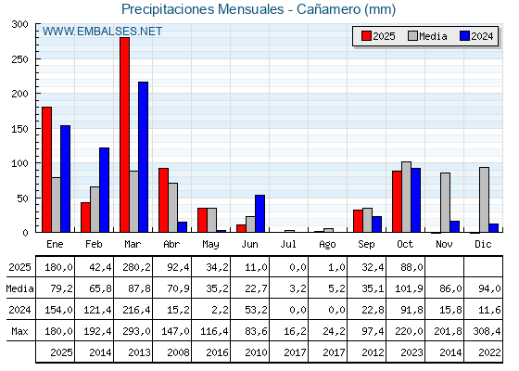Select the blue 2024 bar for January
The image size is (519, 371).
pos(65,179)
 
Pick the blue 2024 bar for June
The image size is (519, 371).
pos(259,213)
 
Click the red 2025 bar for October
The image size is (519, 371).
pos(397,201)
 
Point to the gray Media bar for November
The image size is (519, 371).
pos(445,202)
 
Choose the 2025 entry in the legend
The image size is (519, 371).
pos(378,36)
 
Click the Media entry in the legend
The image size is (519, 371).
pos(427,36)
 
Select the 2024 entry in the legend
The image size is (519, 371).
pos(475,36)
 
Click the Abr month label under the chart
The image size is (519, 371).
pos(172,243)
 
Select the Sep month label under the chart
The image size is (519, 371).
pos(367,243)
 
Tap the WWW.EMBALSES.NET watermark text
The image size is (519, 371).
pos(102,32)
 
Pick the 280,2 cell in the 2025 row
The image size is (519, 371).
pos(133,267)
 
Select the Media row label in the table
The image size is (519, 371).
pos(19,288)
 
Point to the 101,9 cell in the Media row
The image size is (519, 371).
pos(406,288)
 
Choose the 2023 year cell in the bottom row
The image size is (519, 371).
pos(406,352)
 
